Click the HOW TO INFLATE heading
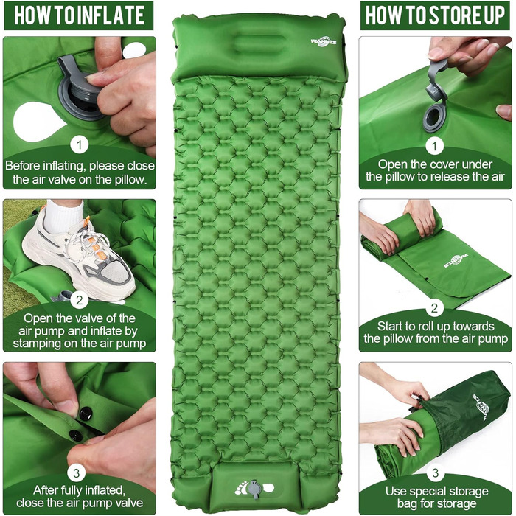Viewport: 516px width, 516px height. pos(79,15)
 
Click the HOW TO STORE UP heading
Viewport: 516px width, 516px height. pos(435,15)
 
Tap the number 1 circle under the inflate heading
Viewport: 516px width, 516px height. pos(80,144)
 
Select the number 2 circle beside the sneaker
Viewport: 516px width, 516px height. pos(80,300)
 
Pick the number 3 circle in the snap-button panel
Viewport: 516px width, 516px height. pos(77,473)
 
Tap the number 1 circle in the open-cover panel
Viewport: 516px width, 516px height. pos(435,146)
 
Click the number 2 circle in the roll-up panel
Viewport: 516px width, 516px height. pos(435,308)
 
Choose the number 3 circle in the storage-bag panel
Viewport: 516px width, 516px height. pos(435,473)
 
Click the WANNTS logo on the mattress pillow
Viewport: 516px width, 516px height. pos(324,42)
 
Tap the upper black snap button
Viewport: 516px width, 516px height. pos(86,414)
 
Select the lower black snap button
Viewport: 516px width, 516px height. pos(76,435)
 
